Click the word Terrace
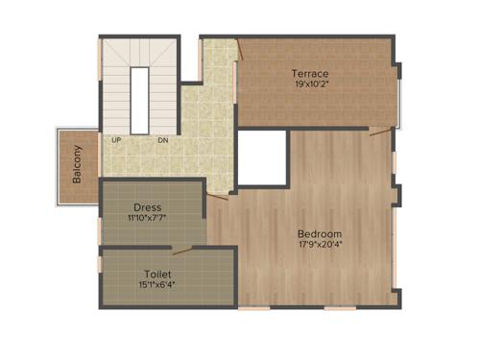tap(310, 73)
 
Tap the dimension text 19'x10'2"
tap(310, 84)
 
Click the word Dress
tap(148, 207)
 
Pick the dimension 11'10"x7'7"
tap(148, 218)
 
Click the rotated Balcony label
tap(77, 165)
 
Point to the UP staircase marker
tap(116, 140)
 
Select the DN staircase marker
tap(163, 140)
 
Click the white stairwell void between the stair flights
tap(140, 100)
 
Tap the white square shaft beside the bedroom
tap(262, 157)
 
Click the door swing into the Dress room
tap(217, 196)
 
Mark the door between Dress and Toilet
tap(181, 250)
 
